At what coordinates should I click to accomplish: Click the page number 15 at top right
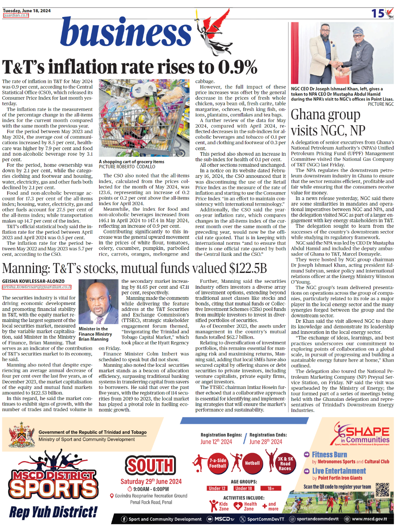pyautogui.click(x=377, y=13)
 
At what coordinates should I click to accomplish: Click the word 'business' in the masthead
pyautogui.click(x=126, y=32)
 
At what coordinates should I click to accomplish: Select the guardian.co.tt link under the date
pyautogui.click(x=16, y=15)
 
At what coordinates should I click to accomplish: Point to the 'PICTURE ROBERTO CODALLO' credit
pyautogui.click(x=127, y=167)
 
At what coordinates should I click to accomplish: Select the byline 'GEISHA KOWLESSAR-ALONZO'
pyautogui.click(x=33, y=281)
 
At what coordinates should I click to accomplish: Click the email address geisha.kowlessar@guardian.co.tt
pyautogui.click(x=37, y=287)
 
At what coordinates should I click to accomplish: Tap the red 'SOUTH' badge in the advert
pyautogui.click(x=150, y=465)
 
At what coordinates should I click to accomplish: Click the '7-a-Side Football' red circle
pyautogui.click(x=217, y=463)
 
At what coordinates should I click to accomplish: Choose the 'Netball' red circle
pyautogui.click(x=252, y=463)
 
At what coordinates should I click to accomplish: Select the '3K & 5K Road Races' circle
pyautogui.click(x=285, y=463)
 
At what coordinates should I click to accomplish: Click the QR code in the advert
pyautogui.click(x=382, y=490)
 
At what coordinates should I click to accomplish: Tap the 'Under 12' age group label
pyautogui.click(x=217, y=488)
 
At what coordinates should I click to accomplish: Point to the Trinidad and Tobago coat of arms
pyautogui.click(x=21, y=435)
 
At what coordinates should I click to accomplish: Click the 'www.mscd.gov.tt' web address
pyautogui.click(x=369, y=519)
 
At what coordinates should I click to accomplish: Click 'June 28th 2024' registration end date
pyautogui.click(x=266, y=442)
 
